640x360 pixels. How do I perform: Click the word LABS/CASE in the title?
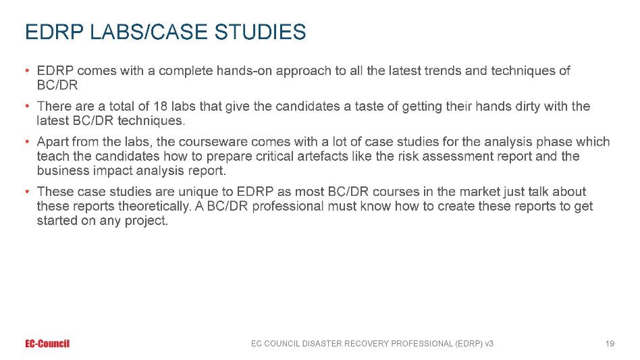149,32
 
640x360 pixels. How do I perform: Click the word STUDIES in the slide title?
260,32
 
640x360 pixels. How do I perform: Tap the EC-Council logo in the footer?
47,344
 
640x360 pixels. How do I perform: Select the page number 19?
610,344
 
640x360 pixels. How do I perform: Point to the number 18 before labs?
160,106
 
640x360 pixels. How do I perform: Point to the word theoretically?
155,206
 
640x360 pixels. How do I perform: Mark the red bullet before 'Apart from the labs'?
28,142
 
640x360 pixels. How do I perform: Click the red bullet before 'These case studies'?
28,191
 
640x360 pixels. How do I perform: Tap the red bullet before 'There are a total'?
28,106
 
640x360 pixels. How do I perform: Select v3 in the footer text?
489,344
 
